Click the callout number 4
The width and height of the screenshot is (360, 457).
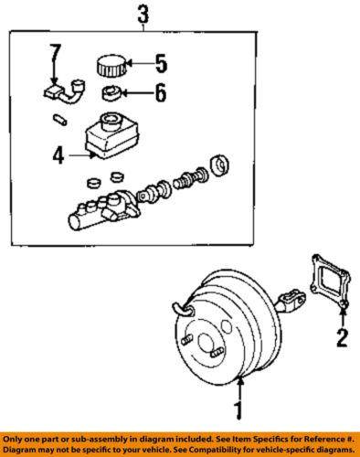coord(58,156)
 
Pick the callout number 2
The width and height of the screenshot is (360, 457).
coord(342,340)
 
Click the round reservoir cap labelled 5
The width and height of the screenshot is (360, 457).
coord(109,66)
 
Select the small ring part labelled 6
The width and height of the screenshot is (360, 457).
coord(110,92)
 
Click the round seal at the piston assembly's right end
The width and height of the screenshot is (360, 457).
coord(220,167)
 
